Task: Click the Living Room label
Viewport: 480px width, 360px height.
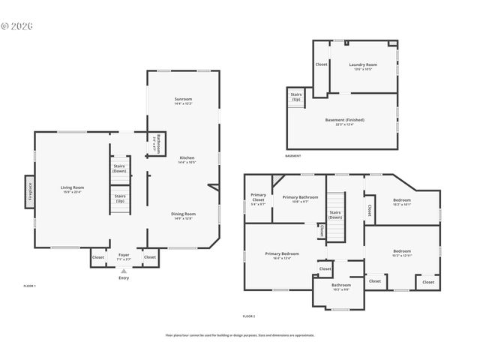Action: (73, 187)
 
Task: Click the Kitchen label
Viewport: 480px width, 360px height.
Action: (187, 158)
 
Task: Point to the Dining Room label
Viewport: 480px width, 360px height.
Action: (184, 214)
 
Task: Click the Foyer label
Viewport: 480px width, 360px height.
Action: (124, 255)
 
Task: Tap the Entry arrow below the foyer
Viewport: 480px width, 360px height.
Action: (124, 271)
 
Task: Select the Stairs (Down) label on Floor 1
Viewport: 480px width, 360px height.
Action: (119, 168)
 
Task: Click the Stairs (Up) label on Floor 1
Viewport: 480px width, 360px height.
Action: (119, 199)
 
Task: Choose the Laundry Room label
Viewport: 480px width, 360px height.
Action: (363, 65)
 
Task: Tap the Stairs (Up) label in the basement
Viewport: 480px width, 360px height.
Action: (296, 97)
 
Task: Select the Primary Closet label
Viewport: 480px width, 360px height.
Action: (258, 198)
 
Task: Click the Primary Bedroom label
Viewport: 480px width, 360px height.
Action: (281, 254)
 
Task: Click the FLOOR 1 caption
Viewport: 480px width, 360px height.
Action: (29, 286)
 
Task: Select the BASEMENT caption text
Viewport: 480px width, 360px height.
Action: (292, 156)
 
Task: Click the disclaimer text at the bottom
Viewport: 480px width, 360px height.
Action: (240, 335)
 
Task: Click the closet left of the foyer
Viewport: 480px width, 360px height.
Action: (98, 257)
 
